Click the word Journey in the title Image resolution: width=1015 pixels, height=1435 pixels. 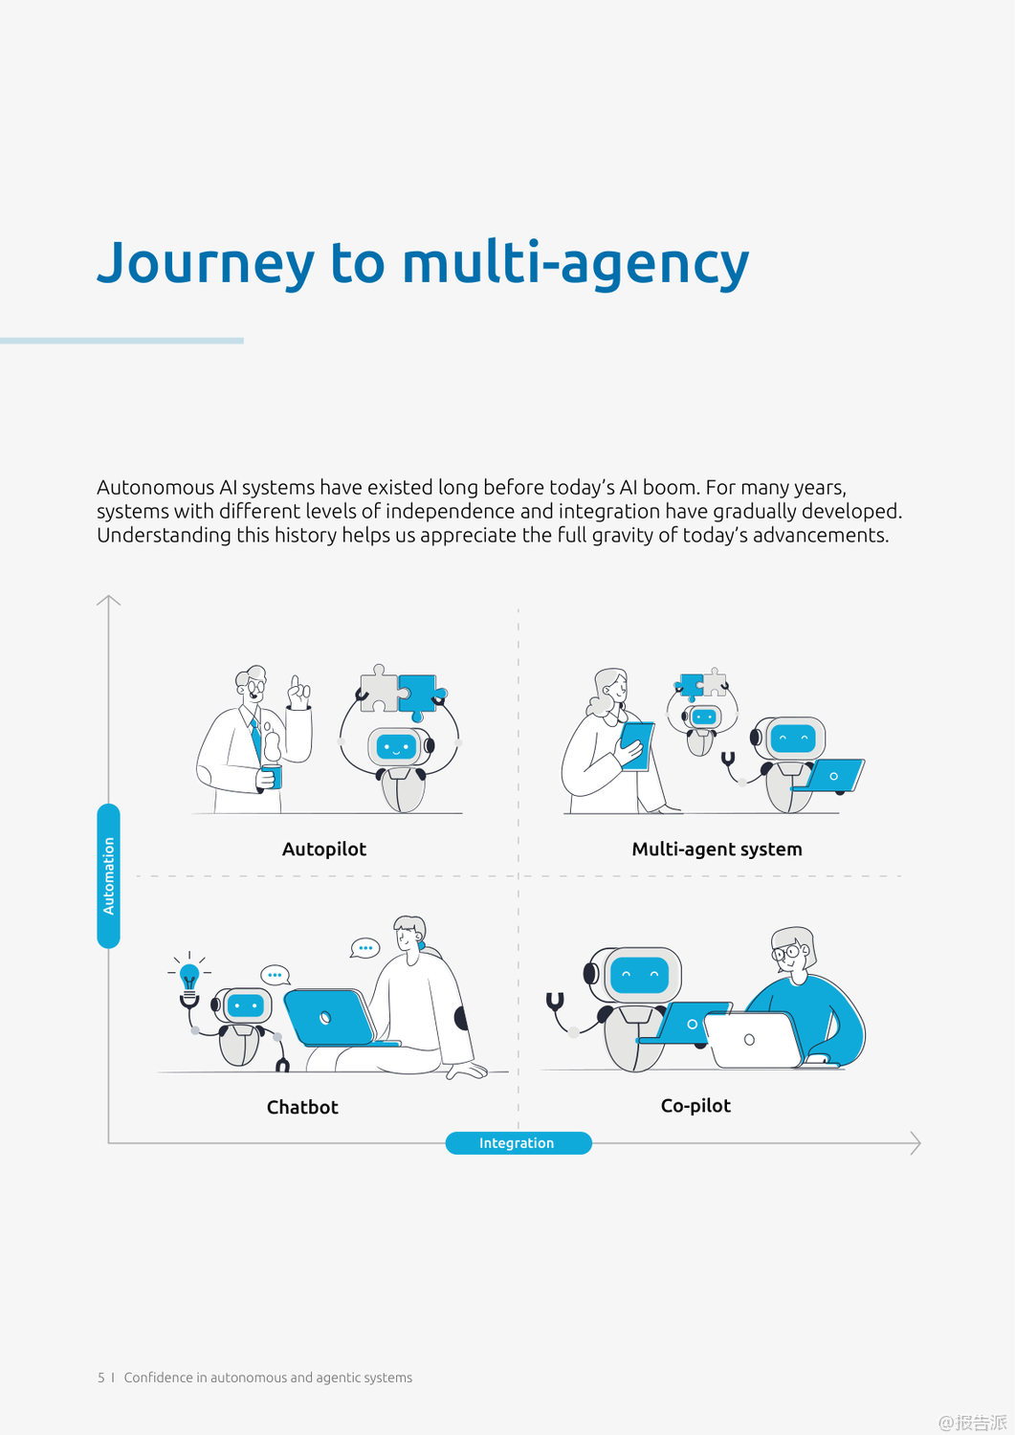tap(205, 263)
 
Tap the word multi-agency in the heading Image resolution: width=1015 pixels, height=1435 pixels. tap(575, 263)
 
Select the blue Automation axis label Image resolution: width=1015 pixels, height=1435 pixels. tap(109, 875)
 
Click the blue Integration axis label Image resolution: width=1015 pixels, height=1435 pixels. tap(518, 1143)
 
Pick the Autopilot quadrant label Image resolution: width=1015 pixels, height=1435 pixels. tap(323, 849)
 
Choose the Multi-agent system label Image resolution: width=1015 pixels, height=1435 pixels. tap(717, 849)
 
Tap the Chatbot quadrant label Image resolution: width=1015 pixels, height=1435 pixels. tap(302, 1107)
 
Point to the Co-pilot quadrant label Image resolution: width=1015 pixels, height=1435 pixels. tap(695, 1105)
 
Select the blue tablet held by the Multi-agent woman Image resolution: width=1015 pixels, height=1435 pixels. tap(636, 745)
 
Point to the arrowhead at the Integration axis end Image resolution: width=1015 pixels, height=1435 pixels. tap(916, 1143)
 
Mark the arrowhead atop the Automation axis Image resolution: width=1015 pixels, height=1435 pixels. tap(108, 601)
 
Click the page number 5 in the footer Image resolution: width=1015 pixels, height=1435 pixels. tap(100, 1378)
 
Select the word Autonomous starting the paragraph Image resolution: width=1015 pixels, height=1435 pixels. tap(155, 488)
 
